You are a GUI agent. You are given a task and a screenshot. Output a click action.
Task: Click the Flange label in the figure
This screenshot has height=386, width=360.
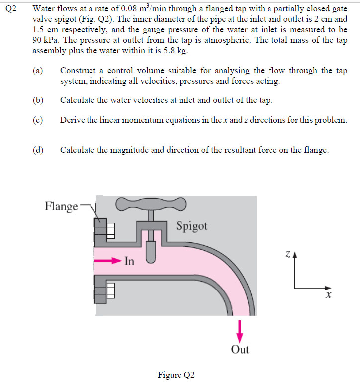(61, 206)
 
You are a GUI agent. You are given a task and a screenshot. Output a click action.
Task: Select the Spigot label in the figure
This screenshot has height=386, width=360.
(191, 226)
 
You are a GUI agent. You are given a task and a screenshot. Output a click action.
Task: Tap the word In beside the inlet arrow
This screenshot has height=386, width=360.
(129, 261)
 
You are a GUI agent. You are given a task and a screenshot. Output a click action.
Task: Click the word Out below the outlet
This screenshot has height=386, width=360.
(240, 349)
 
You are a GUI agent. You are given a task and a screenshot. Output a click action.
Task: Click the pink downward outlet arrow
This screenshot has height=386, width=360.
(240, 329)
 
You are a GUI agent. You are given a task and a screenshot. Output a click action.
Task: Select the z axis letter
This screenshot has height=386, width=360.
(288, 254)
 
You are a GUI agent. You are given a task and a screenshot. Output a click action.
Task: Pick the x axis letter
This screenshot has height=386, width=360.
(328, 295)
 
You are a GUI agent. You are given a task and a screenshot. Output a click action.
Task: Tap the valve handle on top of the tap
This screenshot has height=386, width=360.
(150, 203)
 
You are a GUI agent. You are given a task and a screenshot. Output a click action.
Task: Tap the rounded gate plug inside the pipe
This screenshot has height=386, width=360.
(151, 254)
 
